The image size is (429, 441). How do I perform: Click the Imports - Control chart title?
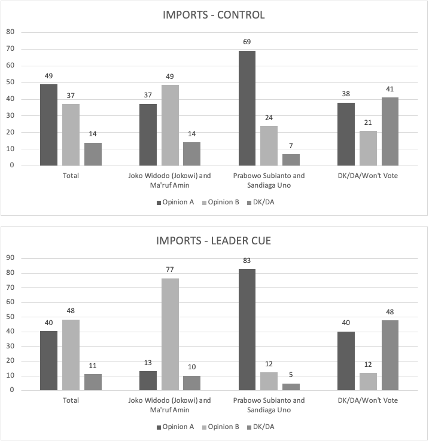[214, 15]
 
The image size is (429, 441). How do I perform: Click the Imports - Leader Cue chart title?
[214, 241]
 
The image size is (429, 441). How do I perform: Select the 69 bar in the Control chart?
[247, 108]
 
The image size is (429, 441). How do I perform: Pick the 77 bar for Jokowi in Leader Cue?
[170, 335]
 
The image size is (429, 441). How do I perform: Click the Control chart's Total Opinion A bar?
[49, 125]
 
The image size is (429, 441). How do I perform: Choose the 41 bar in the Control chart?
[390, 131]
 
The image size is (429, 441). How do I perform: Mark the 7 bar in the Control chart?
[291, 160]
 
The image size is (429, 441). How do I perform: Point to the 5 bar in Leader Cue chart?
[291, 387]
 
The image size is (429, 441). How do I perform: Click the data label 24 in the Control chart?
[269, 118]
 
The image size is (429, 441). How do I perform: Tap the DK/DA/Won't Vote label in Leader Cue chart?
[369, 400]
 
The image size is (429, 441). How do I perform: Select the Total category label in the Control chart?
[71, 176]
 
